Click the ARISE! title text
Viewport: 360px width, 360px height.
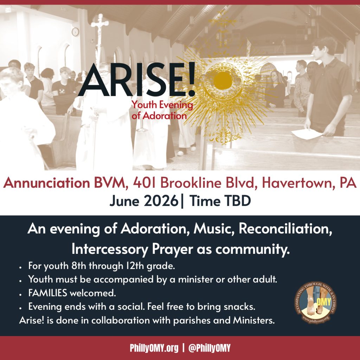(x=137, y=79)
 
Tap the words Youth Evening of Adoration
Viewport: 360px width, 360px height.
(x=162, y=110)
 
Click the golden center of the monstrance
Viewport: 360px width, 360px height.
(x=223, y=81)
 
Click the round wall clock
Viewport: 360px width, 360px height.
(x=75, y=32)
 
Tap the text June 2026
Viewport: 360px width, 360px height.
(x=144, y=201)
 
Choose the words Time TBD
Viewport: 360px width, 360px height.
(x=220, y=201)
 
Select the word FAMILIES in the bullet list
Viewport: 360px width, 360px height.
(x=48, y=293)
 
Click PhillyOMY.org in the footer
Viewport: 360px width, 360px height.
(x=154, y=348)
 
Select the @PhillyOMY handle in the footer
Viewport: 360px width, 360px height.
(x=209, y=348)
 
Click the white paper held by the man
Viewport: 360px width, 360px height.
(x=307, y=134)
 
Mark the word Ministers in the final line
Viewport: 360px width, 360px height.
(x=254, y=320)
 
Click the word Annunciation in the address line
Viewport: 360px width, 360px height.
(x=46, y=183)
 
